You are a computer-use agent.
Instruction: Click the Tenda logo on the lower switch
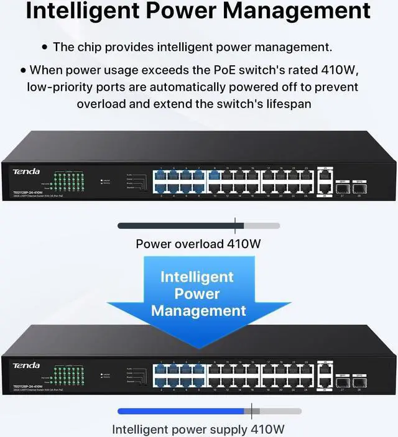[x=26, y=366]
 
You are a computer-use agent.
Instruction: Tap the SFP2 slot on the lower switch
[x=358, y=381]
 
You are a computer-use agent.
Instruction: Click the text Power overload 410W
[x=198, y=243]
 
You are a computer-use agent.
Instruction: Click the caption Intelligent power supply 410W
[x=199, y=429]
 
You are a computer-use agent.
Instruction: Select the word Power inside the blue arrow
[x=198, y=293]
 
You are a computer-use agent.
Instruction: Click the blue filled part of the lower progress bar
[x=180, y=411]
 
